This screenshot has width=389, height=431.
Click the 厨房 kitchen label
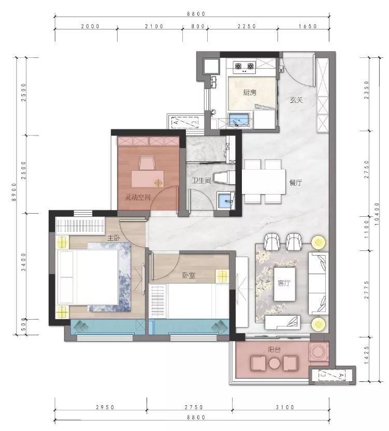click(250, 93)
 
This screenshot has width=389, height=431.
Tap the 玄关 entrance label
click(296, 100)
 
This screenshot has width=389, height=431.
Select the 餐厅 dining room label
click(296, 183)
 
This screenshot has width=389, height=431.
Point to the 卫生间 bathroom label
click(201, 181)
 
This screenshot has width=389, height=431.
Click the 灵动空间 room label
click(138, 197)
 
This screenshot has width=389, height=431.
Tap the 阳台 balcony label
click(275, 350)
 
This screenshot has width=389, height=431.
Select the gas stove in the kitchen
click(244, 68)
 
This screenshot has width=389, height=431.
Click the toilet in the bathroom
click(224, 177)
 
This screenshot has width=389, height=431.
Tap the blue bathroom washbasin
click(226, 201)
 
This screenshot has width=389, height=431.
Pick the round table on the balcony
click(275, 364)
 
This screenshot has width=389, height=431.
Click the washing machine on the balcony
click(319, 351)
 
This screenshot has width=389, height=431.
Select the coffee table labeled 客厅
click(284, 284)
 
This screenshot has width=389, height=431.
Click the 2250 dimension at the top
click(247, 26)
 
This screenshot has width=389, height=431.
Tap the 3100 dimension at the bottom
click(285, 407)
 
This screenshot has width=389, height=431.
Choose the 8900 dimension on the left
click(14, 192)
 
